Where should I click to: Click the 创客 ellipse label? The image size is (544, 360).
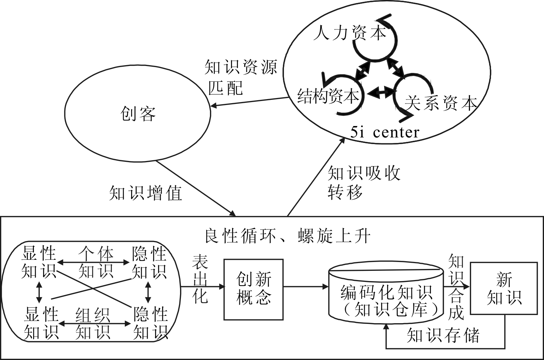[138, 113]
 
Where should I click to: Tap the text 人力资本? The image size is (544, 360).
[350, 34]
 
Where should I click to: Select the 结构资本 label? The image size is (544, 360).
[328, 96]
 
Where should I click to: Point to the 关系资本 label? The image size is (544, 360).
[441, 103]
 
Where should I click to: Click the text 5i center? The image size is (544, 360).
[385, 132]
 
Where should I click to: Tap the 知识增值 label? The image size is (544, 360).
[146, 193]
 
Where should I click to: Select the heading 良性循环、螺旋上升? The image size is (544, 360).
[287, 236]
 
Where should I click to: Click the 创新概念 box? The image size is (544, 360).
[254, 289]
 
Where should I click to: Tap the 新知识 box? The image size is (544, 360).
[504, 289]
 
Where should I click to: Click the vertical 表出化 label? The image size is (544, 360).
[200, 279]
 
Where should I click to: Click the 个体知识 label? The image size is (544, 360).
[96, 263]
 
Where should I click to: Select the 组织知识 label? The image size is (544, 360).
[93, 324]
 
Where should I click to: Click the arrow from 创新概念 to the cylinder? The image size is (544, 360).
[306, 286]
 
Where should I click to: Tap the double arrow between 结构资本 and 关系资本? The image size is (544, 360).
[382, 92]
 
